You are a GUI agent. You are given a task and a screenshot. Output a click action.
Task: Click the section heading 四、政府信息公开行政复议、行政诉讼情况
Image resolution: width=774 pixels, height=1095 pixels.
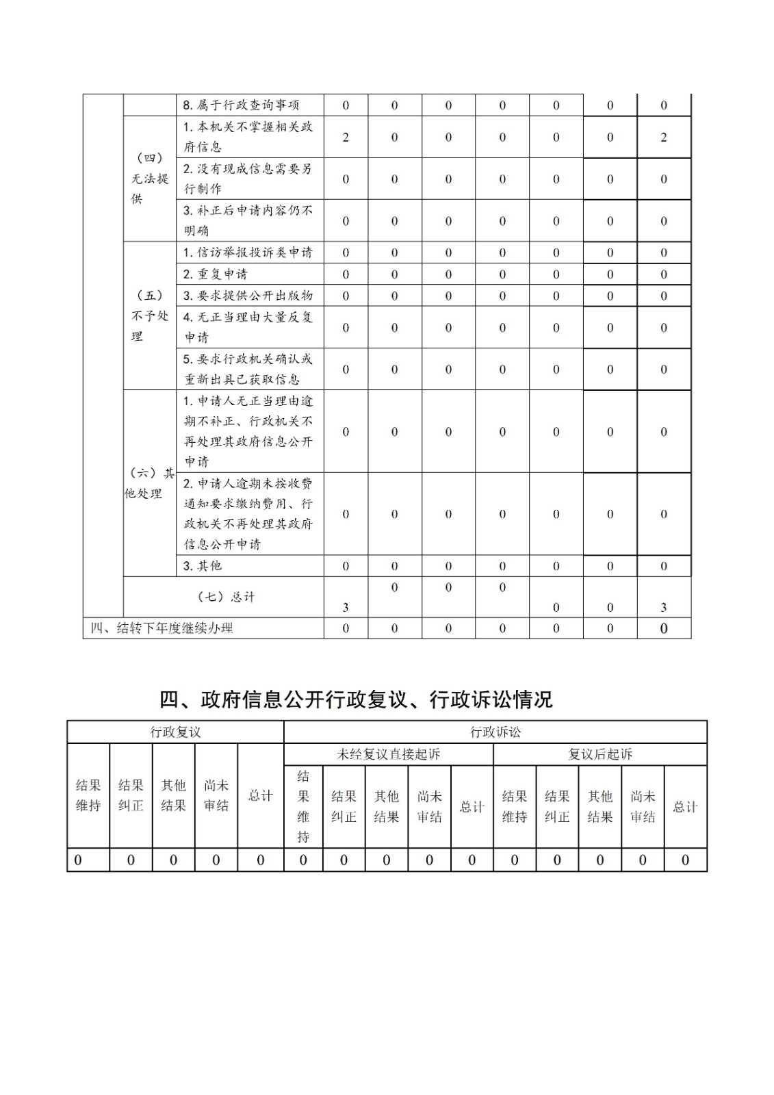[x=355, y=699]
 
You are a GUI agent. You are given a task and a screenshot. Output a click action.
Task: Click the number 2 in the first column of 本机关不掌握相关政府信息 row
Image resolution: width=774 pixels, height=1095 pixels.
[x=346, y=137]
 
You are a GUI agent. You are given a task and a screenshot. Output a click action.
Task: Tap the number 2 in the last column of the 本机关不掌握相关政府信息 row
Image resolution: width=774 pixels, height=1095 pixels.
[x=663, y=137]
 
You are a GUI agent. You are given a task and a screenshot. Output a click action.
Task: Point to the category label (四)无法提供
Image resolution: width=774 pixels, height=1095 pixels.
[x=149, y=178]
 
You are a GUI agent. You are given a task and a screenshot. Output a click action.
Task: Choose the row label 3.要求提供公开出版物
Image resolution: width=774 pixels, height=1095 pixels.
[x=248, y=295]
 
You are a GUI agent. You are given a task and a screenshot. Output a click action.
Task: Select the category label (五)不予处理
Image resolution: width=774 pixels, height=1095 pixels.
[x=149, y=315]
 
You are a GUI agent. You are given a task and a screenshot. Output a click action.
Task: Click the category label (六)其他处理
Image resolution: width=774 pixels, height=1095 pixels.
[x=149, y=483]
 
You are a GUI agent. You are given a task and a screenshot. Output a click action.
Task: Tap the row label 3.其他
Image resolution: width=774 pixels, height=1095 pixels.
[x=203, y=565]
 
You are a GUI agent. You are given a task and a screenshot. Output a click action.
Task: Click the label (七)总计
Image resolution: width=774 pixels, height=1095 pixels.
[x=226, y=596]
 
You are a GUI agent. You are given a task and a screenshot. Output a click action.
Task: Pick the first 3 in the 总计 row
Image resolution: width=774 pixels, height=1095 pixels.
[x=346, y=607]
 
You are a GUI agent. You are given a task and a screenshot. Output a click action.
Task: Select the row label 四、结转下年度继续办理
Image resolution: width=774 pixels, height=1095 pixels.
[x=162, y=628]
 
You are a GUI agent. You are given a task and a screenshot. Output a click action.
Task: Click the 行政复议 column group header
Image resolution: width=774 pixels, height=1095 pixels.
[x=175, y=732]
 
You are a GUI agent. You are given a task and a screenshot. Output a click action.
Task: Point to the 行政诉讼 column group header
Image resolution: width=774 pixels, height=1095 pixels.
[x=495, y=732]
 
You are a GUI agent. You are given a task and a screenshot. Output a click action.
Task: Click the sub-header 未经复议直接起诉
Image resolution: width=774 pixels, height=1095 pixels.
[x=388, y=753]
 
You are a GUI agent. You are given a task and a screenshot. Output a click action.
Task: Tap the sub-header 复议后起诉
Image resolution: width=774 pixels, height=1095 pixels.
[x=599, y=753]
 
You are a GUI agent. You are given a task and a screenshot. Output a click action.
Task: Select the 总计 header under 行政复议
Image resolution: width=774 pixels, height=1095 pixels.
[x=260, y=795]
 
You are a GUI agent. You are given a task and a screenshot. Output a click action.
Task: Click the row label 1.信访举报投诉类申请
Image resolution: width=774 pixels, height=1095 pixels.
[x=248, y=252]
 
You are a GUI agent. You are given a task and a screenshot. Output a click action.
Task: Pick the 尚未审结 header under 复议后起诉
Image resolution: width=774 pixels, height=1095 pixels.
[x=643, y=806]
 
